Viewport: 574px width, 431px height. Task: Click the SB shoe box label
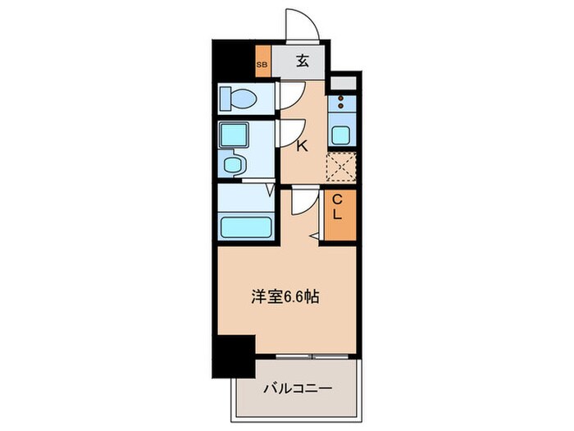click(x=262, y=64)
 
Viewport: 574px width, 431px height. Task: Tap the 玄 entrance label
click(x=302, y=60)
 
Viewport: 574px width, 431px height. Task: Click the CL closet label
click(x=337, y=207)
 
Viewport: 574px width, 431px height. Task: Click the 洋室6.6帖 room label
click(x=286, y=297)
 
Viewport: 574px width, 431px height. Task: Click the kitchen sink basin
click(x=339, y=135)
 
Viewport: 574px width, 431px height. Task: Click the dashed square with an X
click(x=339, y=167)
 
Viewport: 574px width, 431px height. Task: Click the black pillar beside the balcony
click(x=235, y=355)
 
